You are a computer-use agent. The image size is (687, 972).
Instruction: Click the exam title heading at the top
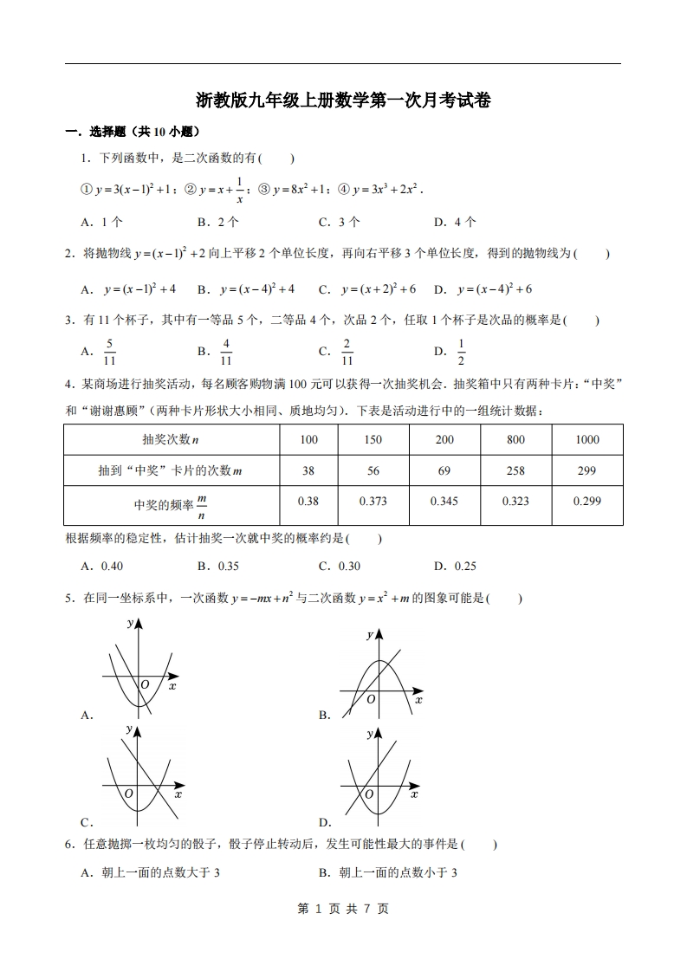(343, 100)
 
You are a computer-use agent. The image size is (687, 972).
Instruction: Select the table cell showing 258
(515, 470)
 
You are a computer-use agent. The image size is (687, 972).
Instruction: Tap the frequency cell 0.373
(373, 502)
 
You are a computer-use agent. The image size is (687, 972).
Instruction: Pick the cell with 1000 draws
(587, 439)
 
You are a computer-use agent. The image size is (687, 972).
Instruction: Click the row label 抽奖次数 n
(171, 439)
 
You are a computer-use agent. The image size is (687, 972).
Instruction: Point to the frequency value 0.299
(587, 502)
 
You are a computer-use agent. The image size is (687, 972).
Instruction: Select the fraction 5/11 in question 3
(110, 351)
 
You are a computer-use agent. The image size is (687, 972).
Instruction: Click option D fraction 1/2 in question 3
(461, 351)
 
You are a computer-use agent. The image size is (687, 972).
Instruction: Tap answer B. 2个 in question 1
(217, 222)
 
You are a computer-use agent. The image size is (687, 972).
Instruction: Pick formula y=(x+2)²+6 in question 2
(367, 288)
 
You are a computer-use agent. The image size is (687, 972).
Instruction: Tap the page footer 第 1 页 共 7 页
(343, 908)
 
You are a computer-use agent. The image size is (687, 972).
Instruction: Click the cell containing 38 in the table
(308, 470)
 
